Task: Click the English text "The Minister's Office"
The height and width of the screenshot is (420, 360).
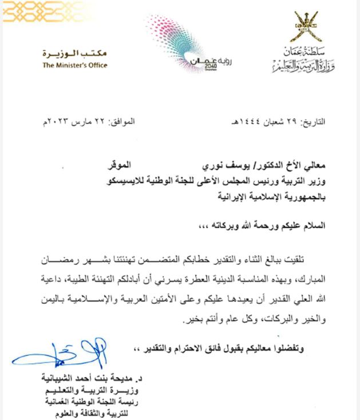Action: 74,65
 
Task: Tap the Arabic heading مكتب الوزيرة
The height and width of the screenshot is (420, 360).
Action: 74,53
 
